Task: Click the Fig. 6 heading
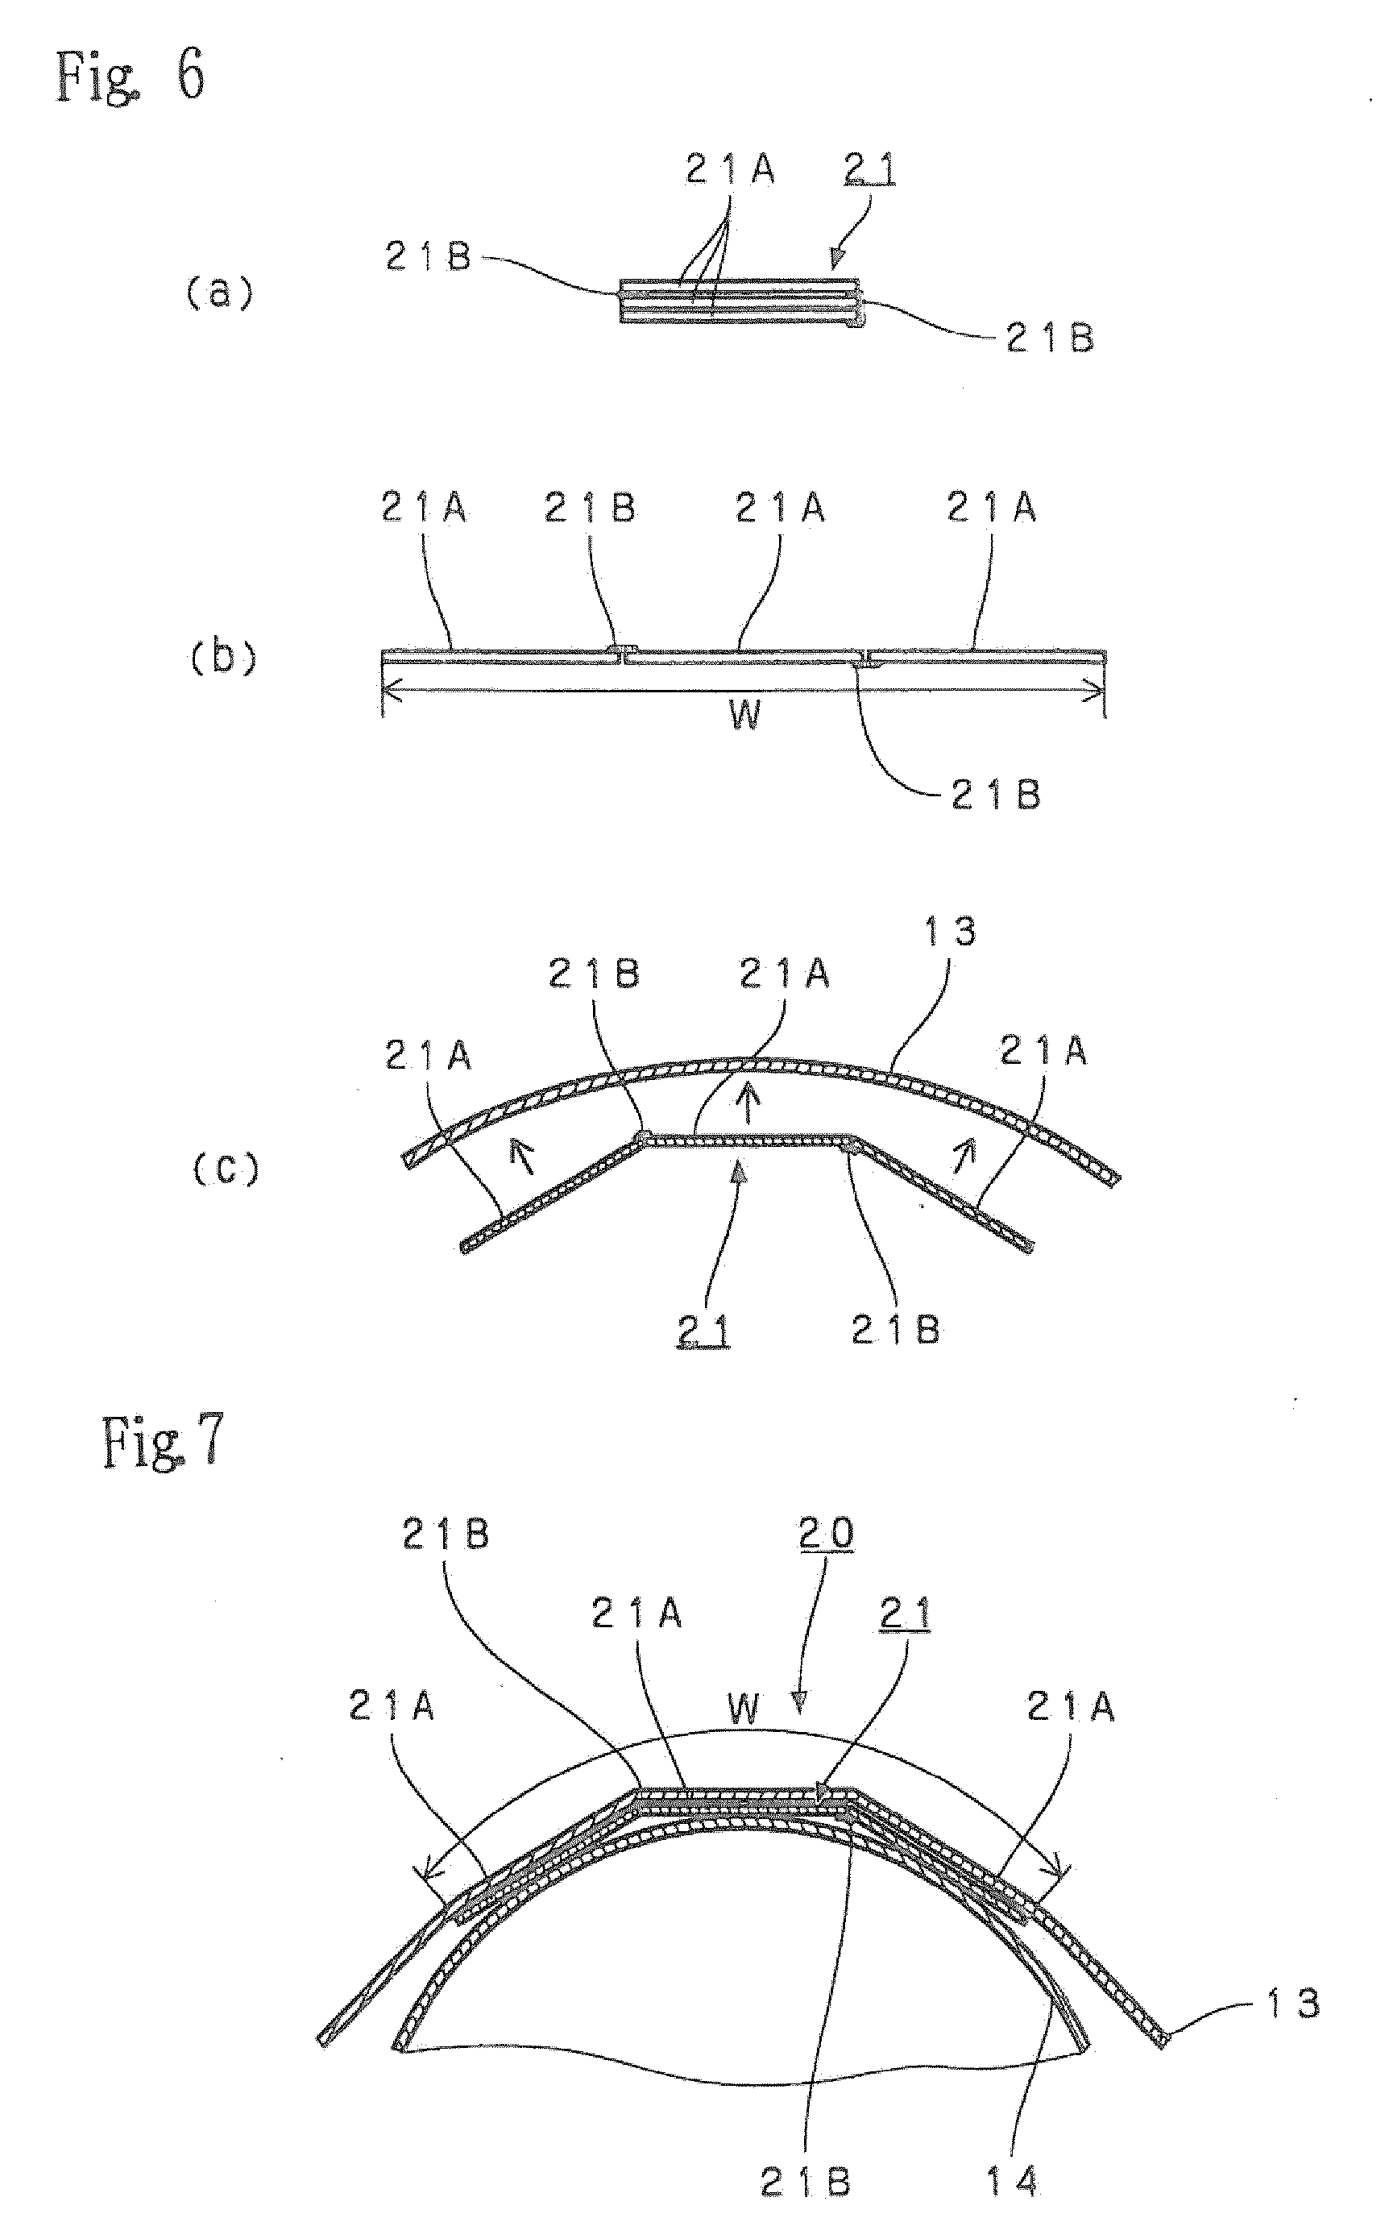pos(130,74)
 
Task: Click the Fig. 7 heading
pos(163,1442)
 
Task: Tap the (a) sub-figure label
pos(220,294)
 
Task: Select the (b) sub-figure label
pos(223,658)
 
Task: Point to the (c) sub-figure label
pos(226,1169)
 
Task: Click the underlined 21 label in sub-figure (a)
pos(869,170)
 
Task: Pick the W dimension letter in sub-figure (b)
pos(745,714)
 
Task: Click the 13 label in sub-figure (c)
pos(950,932)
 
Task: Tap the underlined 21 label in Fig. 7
pos(906,1614)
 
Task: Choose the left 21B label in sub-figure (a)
pos(428,257)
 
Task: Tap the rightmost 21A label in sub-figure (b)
pos(992,507)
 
